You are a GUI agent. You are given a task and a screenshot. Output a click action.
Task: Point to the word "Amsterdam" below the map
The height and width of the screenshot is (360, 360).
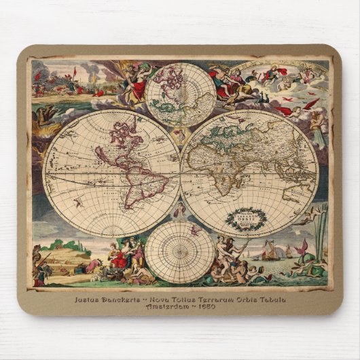point(170,308)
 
